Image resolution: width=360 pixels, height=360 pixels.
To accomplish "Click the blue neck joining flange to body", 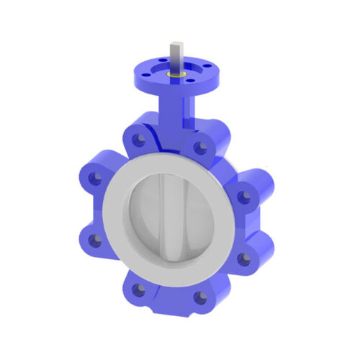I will pyautogui.click(x=176, y=108).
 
